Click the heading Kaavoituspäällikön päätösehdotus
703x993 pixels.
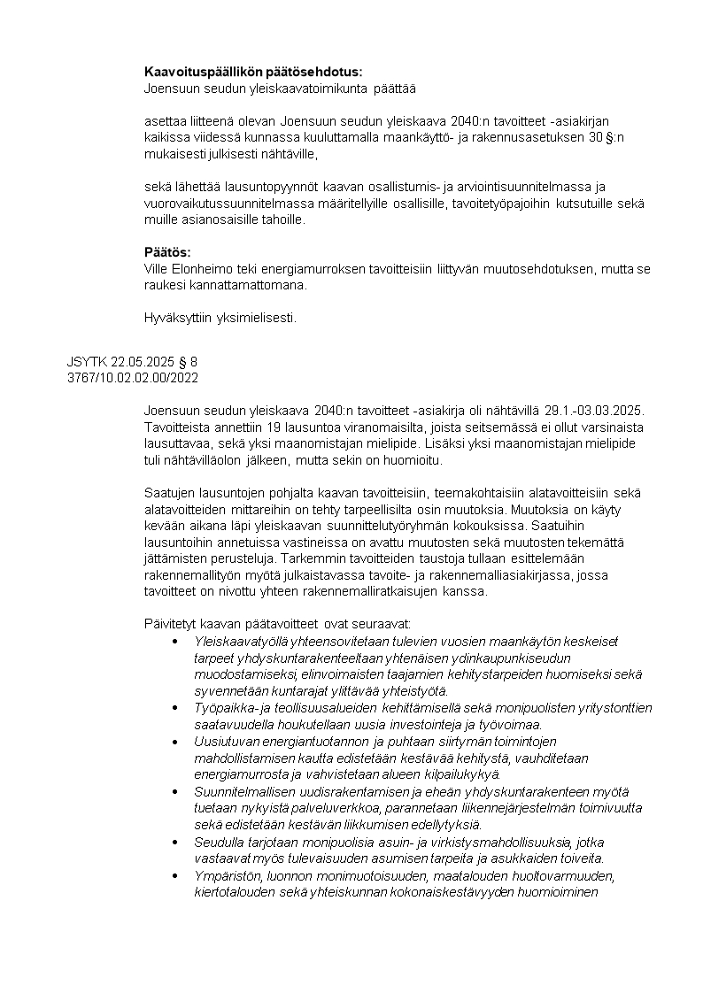(x=253, y=72)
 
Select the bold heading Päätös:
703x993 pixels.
(x=167, y=252)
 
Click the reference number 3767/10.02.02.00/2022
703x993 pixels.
(x=132, y=378)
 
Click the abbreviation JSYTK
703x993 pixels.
(x=86, y=362)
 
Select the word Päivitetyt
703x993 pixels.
(x=173, y=624)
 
